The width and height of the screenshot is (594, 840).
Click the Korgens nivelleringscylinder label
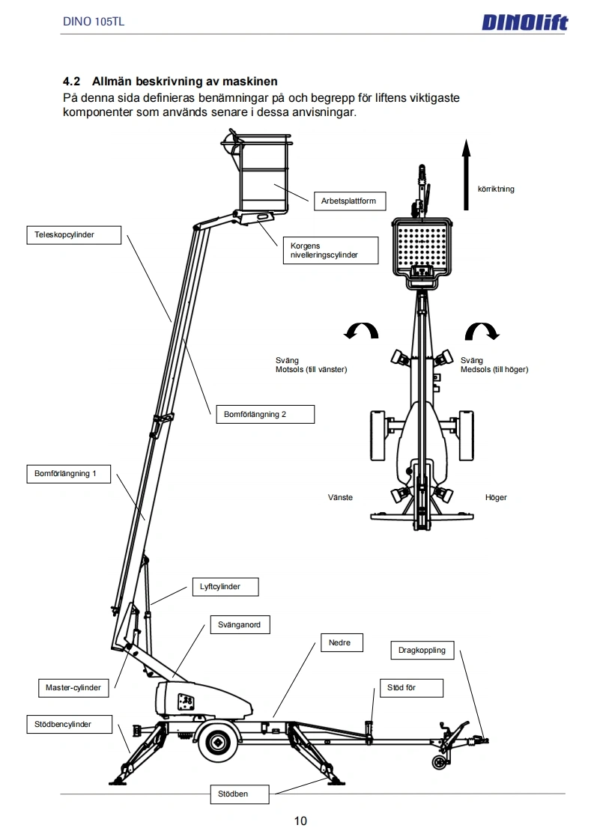(330, 251)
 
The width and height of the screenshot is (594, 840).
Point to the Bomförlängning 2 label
(261, 414)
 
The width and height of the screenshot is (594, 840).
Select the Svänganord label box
(239, 624)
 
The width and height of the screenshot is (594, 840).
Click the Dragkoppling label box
(422, 650)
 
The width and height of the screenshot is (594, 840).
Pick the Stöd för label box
(411, 687)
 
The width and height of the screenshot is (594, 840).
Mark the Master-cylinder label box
(73, 687)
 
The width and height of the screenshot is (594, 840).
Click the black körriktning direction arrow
(466, 173)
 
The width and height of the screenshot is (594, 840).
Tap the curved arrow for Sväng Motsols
(361, 331)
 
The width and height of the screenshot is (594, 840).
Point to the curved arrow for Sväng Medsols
(482, 331)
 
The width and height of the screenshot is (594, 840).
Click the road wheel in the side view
(218, 742)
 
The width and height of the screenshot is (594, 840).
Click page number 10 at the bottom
(300, 821)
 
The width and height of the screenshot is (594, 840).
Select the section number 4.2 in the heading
(72, 81)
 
